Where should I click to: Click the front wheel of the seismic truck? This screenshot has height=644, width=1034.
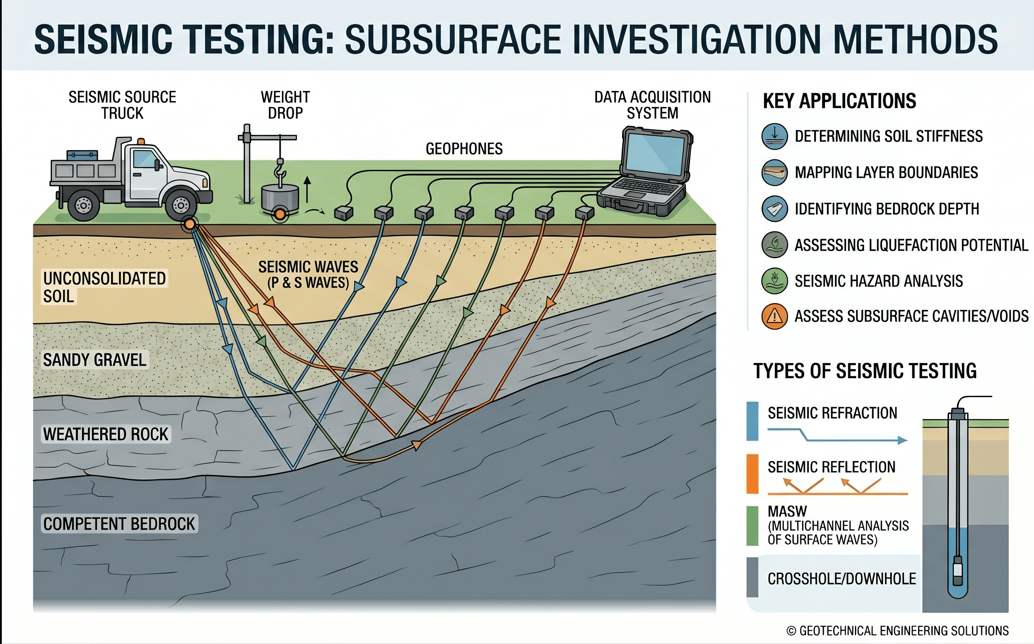(181, 205)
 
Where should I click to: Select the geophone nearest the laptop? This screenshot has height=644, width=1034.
(584, 212)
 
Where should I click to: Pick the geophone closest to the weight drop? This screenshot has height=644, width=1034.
(344, 212)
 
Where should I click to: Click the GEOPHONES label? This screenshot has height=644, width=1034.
(464, 149)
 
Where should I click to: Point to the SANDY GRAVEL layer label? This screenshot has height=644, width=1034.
(94, 360)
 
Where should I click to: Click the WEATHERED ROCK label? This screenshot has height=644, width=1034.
(106, 434)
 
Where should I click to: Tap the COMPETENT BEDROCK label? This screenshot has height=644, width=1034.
(119, 524)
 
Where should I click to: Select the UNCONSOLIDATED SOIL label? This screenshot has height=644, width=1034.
(104, 287)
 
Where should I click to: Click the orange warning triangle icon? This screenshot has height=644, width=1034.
(774, 317)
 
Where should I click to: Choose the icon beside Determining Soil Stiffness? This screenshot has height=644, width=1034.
(774, 136)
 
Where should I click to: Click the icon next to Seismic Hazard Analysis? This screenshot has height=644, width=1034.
(774, 281)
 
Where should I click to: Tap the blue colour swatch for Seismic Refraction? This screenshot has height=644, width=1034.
(752, 421)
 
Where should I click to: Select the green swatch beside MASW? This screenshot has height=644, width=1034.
(752, 526)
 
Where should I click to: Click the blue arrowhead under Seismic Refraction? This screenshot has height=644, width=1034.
(902, 440)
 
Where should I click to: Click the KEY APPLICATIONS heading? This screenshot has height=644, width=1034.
(839, 101)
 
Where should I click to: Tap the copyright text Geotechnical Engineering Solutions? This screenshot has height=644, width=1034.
(897, 630)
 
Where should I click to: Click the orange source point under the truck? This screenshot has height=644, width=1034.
(190, 224)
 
